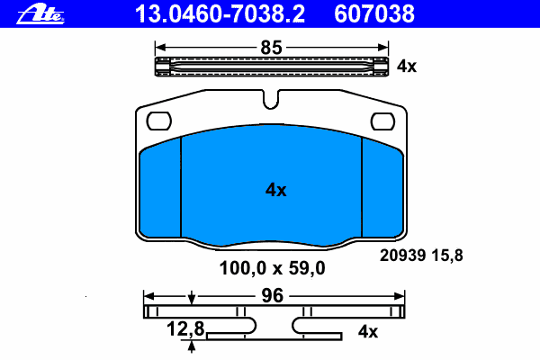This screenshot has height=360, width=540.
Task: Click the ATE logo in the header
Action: click(x=40, y=13)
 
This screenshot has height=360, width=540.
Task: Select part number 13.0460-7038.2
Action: click(x=220, y=14)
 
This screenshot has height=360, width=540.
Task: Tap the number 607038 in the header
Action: click(x=374, y=14)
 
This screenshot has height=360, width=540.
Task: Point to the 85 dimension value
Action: click(x=272, y=48)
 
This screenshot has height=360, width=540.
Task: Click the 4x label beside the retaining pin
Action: click(x=407, y=66)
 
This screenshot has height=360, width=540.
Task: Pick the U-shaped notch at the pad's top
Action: click(x=271, y=99)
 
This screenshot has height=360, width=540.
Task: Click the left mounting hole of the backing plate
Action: click(x=159, y=121)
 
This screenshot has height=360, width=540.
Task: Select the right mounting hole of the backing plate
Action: click(x=382, y=121)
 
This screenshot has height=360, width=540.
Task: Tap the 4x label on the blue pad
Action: click(x=276, y=190)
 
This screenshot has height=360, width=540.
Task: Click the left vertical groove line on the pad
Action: click(x=181, y=187)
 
